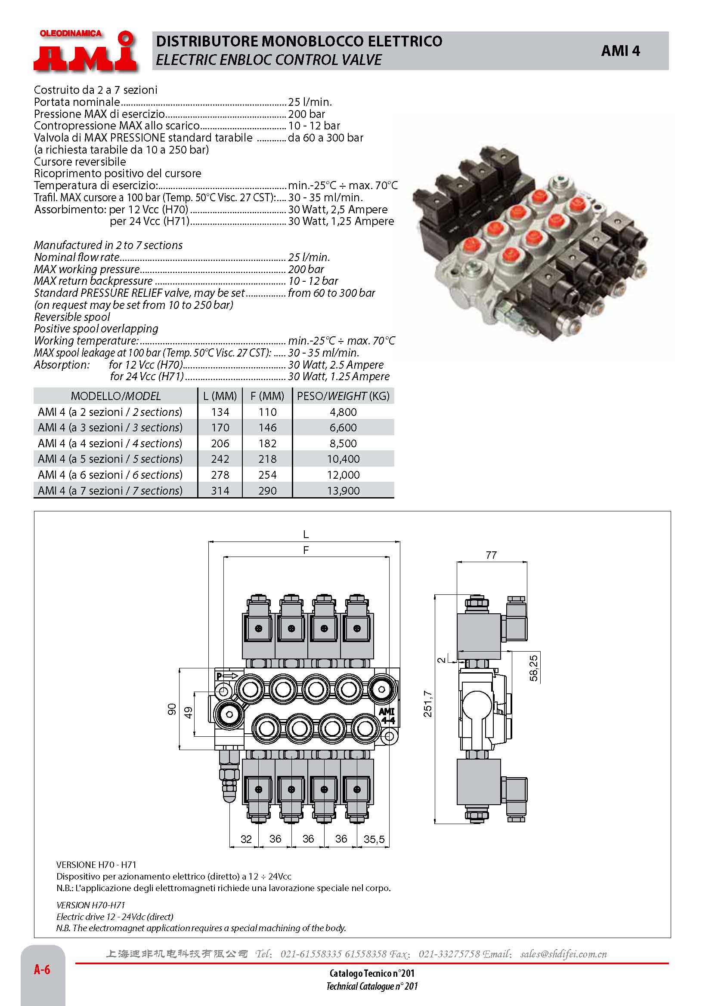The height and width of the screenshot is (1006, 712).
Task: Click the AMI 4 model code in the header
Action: pyautogui.click(x=620, y=51)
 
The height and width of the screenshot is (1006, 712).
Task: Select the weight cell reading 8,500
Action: pyautogui.click(x=343, y=443)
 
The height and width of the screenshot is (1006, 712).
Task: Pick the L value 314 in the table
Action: pyautogui.click(x=220, y=491)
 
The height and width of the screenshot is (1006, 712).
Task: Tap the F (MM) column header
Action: pyautogui.click(x=267, y=396)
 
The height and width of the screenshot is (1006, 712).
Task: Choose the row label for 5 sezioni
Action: pyautogui.click(x=110, y=459)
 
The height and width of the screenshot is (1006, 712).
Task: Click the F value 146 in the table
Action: pyautogui.click(x=267, y=428)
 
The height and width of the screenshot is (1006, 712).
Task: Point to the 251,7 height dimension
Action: pyautogui.click(x=427, y=704)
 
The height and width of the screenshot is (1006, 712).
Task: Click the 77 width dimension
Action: pyautogui.click(x=491, y=555)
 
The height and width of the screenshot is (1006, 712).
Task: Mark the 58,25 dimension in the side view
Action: pyautogui.click(x=533, y=668)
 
